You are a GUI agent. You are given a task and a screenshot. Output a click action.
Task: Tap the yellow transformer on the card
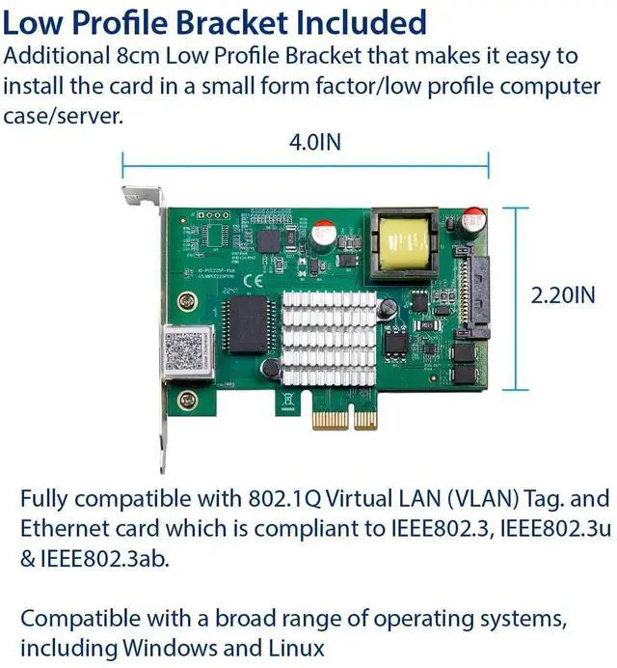tap(406, 242)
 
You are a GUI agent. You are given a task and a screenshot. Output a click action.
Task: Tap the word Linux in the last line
tap(294, 646)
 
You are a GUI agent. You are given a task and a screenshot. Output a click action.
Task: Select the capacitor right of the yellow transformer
tap(472, 223)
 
